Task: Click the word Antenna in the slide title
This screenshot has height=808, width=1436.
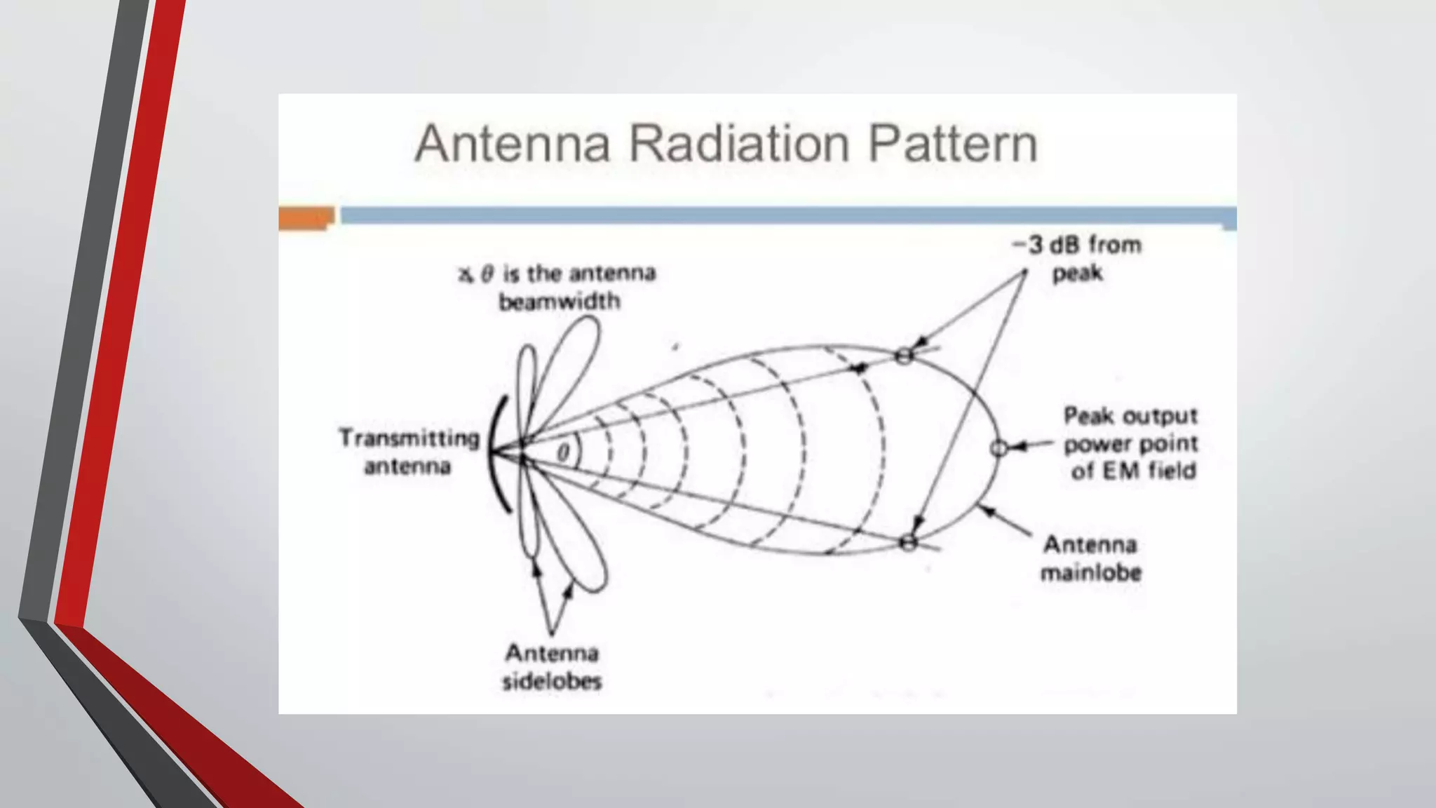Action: tap(513, 144)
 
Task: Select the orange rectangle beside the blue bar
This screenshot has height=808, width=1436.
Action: tap(306, 217)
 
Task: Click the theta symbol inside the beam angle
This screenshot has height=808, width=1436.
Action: tap(563, 452)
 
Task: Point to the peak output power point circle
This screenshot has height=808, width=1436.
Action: tap(1000, 447)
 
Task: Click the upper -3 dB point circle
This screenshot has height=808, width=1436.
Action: tap(905, 356)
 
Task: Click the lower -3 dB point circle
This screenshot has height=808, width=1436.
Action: tap(909, 542)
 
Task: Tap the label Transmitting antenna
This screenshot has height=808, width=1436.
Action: tap(409, 452)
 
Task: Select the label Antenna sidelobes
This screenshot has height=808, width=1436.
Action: tap(552, 667)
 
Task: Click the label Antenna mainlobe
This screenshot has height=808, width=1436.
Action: tap(1090, 558)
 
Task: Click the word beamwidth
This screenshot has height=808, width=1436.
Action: tap(560, 302)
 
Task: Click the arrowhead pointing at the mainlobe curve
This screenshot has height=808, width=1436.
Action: tap(984, 509)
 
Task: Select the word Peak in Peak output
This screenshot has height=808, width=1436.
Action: tap(1089, 416)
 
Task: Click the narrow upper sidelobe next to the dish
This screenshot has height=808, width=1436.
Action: tap(527, 382)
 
